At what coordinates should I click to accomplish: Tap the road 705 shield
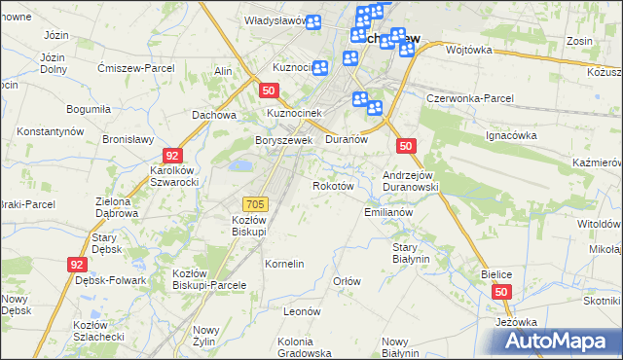pos(255,203)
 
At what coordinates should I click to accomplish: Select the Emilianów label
pos(388,211)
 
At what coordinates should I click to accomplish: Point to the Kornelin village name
pos(284,264)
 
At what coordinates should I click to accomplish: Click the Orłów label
pos(347,281)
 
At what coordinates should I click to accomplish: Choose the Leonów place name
pos(302,311)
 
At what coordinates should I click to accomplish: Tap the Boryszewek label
pos(282,140)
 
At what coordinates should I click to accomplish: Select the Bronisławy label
pos(128,139)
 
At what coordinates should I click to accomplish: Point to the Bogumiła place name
pos(88,109)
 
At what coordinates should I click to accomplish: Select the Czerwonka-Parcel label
pos(470,99)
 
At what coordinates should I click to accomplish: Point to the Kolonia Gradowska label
pos(305,346)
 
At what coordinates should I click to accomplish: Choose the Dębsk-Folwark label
pos(110,280)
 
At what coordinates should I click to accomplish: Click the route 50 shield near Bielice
pos(500,292)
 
